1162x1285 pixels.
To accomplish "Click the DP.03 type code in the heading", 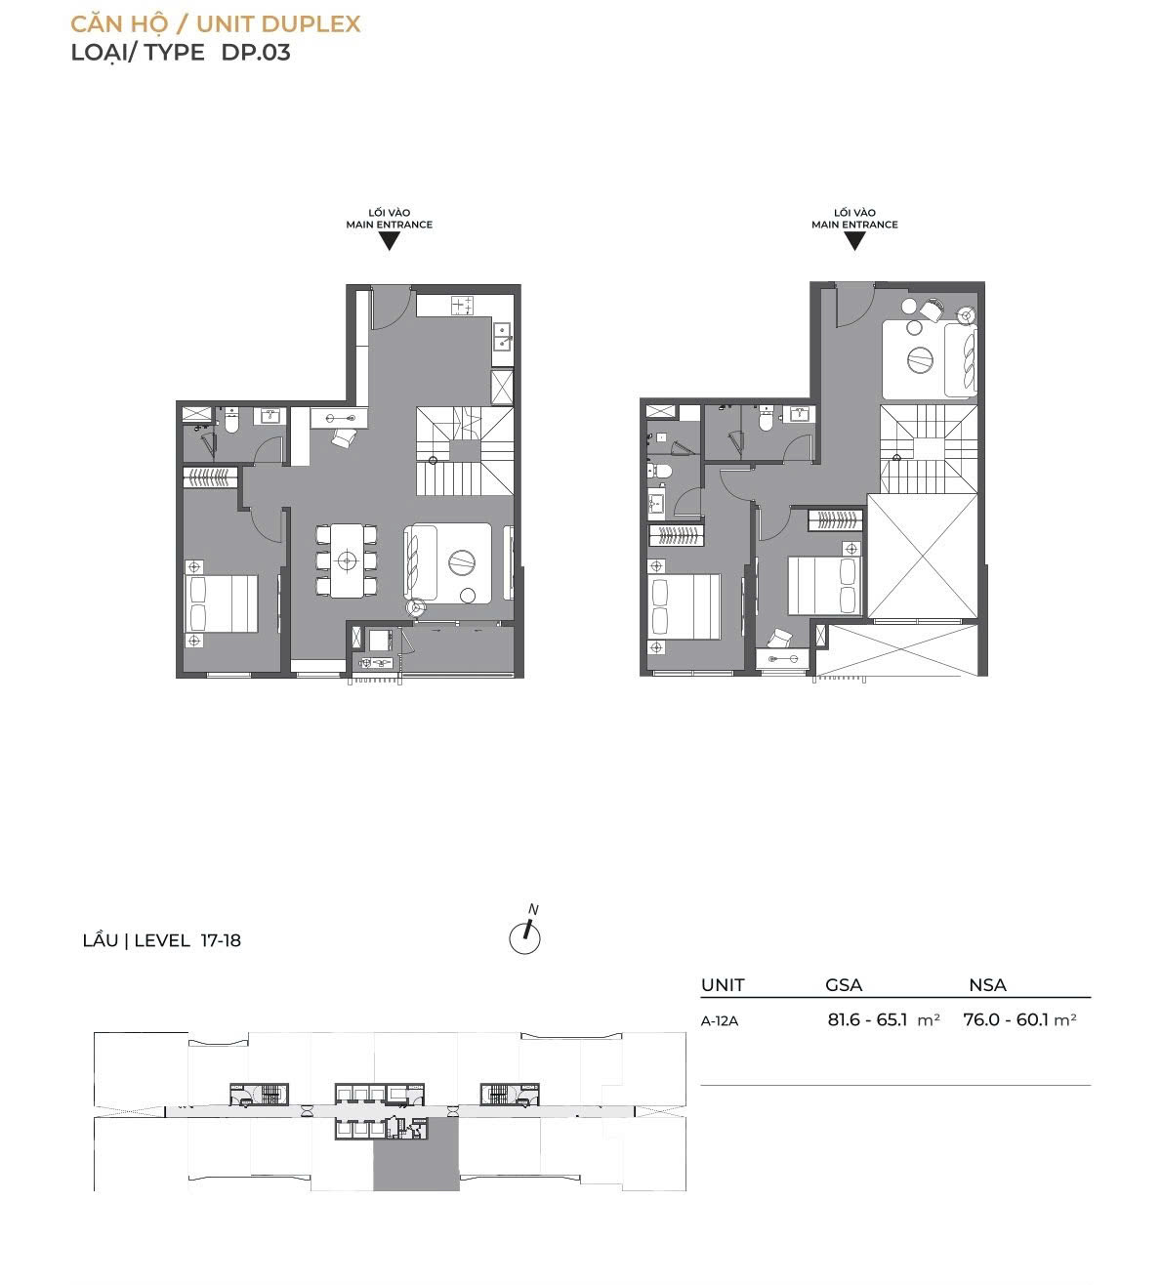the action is pos(256,53).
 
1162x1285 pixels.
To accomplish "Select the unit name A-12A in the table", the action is pos(720,1021).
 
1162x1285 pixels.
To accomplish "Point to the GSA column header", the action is pos(844,985).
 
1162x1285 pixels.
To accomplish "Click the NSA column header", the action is pos(987,985).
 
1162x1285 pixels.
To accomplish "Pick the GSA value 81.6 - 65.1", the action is pos(867,1019).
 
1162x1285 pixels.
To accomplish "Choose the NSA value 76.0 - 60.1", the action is pos(1003,1019).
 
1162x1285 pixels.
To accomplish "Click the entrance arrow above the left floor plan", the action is pos(390,241).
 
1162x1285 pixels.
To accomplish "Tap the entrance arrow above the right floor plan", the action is pos(854,241).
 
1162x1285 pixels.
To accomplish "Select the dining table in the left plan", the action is pos(348,561).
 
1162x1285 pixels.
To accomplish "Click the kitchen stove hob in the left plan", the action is pos(463,306).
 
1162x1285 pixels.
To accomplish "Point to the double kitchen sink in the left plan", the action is pos(503,336).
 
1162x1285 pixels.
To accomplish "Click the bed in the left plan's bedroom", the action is pos(222,604).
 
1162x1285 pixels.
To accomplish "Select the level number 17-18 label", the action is pos(221,940).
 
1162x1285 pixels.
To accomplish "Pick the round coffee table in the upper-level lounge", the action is pos(921,358).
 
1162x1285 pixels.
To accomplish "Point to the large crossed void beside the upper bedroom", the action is pos(923,556).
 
